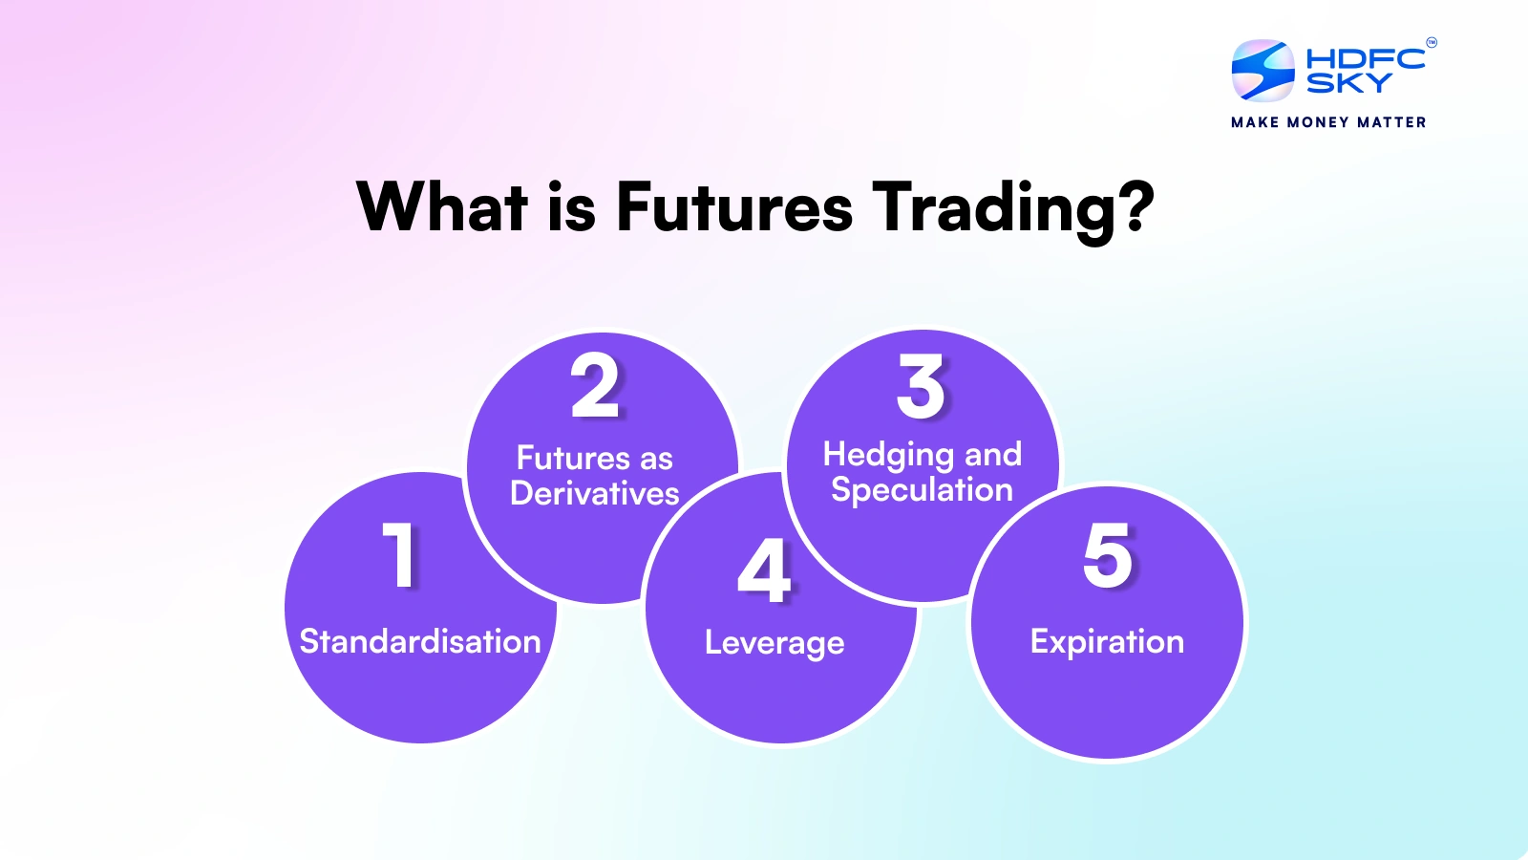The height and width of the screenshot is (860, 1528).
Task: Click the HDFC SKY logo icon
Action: (x=1263, y=70)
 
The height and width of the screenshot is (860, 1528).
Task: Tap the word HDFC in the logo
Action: (x=1366, y=58)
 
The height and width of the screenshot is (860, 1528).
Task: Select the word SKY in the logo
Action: (x=1349, y=82)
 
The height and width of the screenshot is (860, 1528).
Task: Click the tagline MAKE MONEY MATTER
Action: (x=1328, y=122)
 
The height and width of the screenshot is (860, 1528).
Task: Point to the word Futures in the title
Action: (x=734, y=207)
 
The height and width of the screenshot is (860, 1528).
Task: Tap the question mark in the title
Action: (x=1133, y=206)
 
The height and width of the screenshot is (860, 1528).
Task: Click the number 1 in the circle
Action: (x=400, y=554)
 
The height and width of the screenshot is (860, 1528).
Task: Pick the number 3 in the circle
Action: (x=921, y=386)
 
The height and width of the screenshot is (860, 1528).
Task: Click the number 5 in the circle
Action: (x=1108, y=555)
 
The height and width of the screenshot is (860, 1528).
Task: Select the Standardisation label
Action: (x=420, y=641)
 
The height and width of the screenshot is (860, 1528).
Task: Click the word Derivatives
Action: (x=595, y=493)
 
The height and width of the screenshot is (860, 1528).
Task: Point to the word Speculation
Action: (x=923, y=491)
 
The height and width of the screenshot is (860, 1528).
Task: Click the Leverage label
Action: (x=775, y=644)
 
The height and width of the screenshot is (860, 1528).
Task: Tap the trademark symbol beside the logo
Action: (x=1432, y=43)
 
